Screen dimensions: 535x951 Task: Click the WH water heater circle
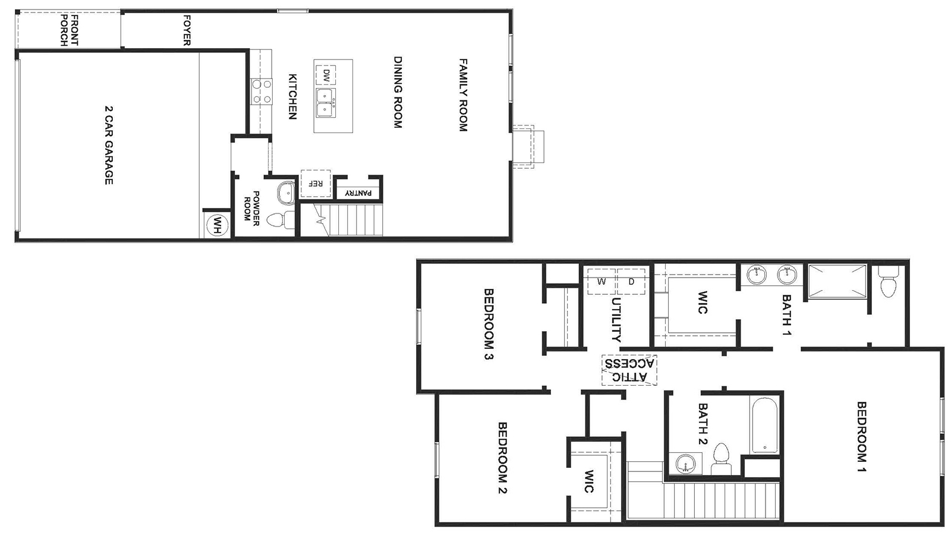click(x=218, y=225)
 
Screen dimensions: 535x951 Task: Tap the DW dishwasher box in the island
click(x=326, y=75)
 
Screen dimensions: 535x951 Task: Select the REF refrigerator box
click(x=315, y=184)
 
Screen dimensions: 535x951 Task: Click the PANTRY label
click(x=358, y=193)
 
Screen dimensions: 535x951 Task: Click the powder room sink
click(x=286, y=193)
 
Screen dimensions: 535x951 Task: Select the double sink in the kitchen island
click(x=325, y=103)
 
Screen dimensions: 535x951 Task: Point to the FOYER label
click(x=187, y=30)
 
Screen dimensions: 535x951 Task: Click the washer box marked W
click(x=602, y=282)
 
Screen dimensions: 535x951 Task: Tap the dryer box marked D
click(x=631, y=282)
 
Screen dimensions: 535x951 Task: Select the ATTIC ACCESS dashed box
click(x=629, y=370)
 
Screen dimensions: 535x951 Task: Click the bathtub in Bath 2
click(x=764, y=426)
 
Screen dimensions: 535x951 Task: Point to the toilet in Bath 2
click(x=721, y=457)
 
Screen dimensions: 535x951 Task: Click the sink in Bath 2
click(x=685, y=463)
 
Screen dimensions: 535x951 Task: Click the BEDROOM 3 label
click(x=489, y=324)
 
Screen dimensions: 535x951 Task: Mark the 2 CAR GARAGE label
click(x=108, y=145)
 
